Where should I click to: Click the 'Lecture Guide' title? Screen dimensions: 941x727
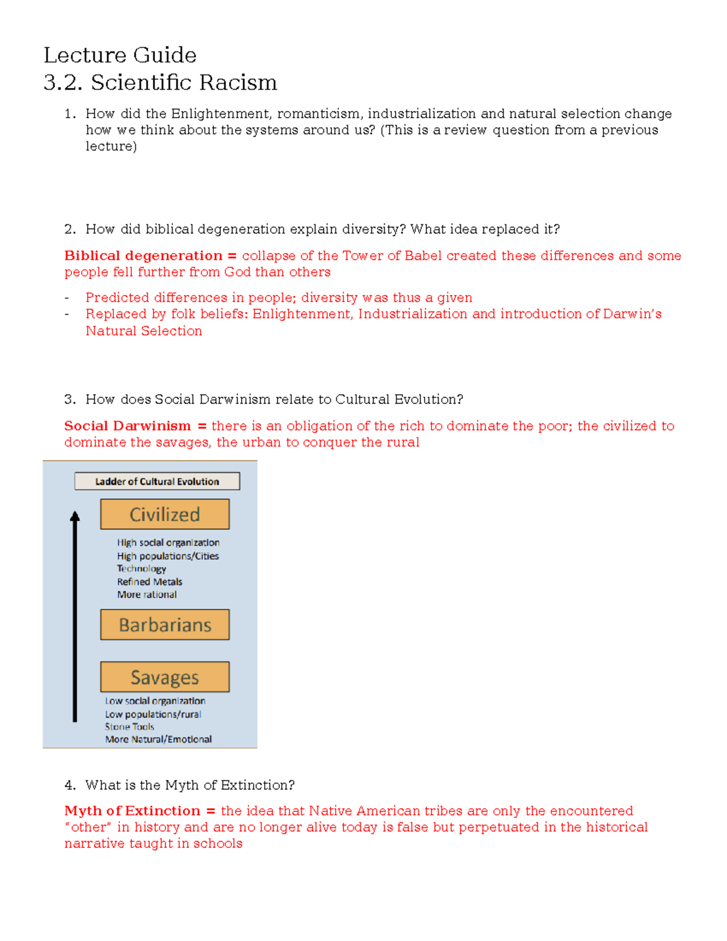120,55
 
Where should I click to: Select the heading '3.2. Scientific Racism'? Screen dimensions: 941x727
160,82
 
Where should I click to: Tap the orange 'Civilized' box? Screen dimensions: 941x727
165,514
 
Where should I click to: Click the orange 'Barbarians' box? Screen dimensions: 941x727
165,625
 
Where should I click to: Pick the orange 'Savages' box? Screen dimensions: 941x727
165,677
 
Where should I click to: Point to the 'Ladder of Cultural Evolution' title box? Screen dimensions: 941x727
157,481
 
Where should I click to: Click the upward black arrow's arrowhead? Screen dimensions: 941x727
75,516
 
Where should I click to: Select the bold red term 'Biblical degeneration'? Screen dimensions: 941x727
144,256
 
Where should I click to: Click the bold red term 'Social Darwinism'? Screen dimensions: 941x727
127,426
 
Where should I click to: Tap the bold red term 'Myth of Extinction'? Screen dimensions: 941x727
132,811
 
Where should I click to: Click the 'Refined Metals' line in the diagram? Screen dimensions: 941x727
150,582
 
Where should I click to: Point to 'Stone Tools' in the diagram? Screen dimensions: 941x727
130,727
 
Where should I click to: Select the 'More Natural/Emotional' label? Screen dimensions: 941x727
158,739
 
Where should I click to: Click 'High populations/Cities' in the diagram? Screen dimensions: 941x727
168,556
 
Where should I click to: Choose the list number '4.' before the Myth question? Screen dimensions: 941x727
70,785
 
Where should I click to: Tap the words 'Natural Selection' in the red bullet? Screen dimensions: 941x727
144,331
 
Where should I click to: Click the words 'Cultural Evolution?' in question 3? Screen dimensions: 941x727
399,399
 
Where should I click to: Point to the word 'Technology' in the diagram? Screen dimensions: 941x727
141,568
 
